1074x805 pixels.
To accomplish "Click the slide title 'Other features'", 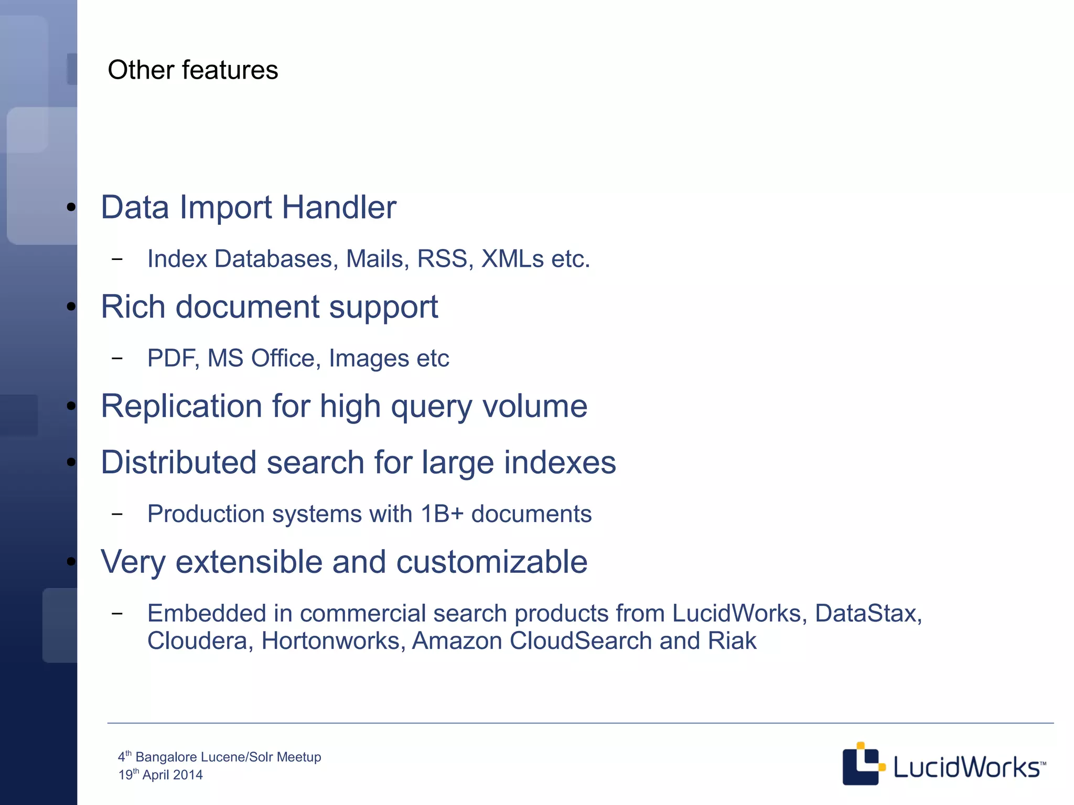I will point(192,70).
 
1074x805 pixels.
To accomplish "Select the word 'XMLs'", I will point(512,259).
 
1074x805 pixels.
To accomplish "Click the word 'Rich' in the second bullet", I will point(133,307).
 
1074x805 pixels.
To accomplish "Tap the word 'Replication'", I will point(181,407).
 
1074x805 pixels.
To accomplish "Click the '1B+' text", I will point(442,514).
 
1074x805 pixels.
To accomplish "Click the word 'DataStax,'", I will point(868,614).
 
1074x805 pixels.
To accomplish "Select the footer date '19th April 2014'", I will point(160,775).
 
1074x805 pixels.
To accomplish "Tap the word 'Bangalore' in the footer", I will point(167,757).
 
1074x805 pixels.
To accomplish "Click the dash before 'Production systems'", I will point(117,514).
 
